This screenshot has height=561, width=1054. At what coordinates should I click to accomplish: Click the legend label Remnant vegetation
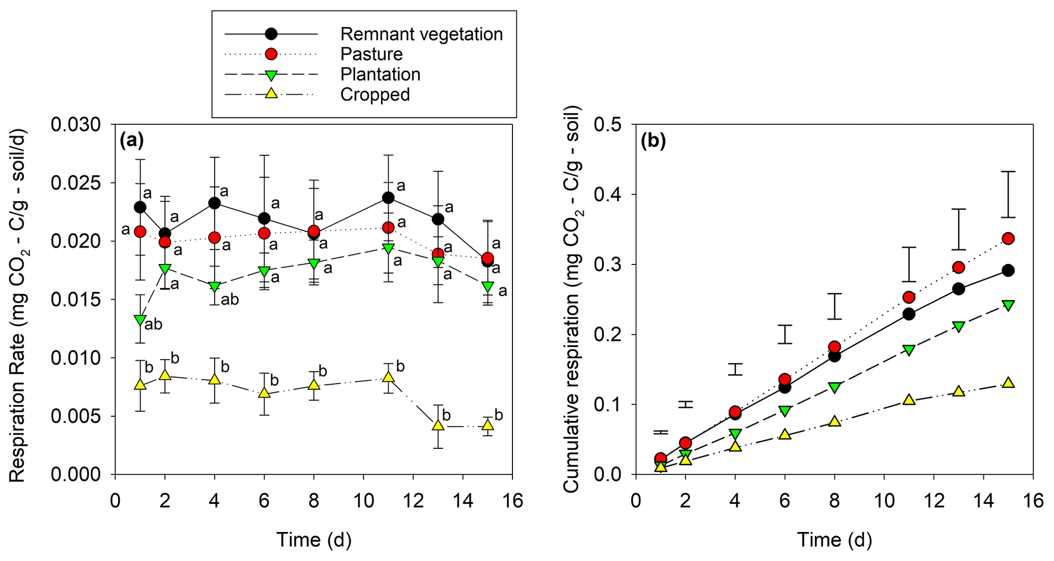tap(421, 34)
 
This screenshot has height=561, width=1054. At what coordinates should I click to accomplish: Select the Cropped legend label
tap(375, 95)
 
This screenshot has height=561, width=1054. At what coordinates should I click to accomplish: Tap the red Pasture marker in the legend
tap(271, 54)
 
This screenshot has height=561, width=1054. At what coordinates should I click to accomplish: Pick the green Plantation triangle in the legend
tap(271, 75)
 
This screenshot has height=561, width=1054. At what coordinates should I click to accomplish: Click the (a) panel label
tap(132, 140)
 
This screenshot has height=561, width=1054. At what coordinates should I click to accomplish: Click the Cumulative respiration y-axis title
tap(572, 299)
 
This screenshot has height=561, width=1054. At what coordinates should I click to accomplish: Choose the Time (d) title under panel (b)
tap(834, 540)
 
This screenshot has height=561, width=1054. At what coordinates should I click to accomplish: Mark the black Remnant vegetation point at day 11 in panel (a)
tap(388, 197)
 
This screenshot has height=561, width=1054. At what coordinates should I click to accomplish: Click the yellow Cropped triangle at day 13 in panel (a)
tap(438, 425)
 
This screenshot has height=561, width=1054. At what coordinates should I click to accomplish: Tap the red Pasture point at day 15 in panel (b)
tap(1008, 238)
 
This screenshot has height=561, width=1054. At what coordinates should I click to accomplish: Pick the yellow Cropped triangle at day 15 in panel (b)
tap(1008, 383)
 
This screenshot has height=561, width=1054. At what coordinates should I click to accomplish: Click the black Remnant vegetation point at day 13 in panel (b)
tap(959, 289)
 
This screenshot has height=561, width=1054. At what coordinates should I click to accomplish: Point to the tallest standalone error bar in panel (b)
tap(1008, 195)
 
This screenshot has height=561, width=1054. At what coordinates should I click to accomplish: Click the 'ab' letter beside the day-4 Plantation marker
tap(229, 300)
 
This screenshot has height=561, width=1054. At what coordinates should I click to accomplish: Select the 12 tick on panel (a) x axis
tap(413, 501)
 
